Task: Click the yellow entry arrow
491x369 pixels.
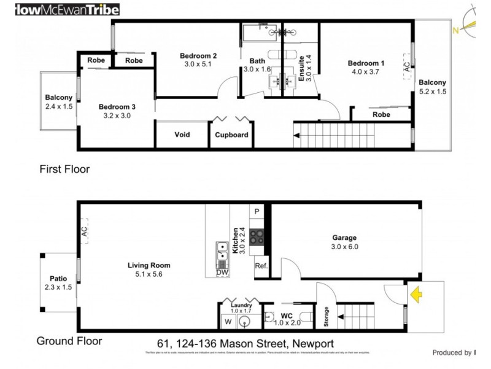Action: point(416,296)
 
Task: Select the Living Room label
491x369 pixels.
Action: point(149,266)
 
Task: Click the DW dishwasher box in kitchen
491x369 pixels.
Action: point(222,272)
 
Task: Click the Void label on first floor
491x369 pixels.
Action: point(182,135)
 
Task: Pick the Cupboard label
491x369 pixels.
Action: point(231,135)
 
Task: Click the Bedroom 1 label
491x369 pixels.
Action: point(366,63)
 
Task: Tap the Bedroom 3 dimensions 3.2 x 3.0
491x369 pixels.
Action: point(117,115)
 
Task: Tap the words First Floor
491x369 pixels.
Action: point(64,169)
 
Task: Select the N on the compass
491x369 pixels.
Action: point(455,29)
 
